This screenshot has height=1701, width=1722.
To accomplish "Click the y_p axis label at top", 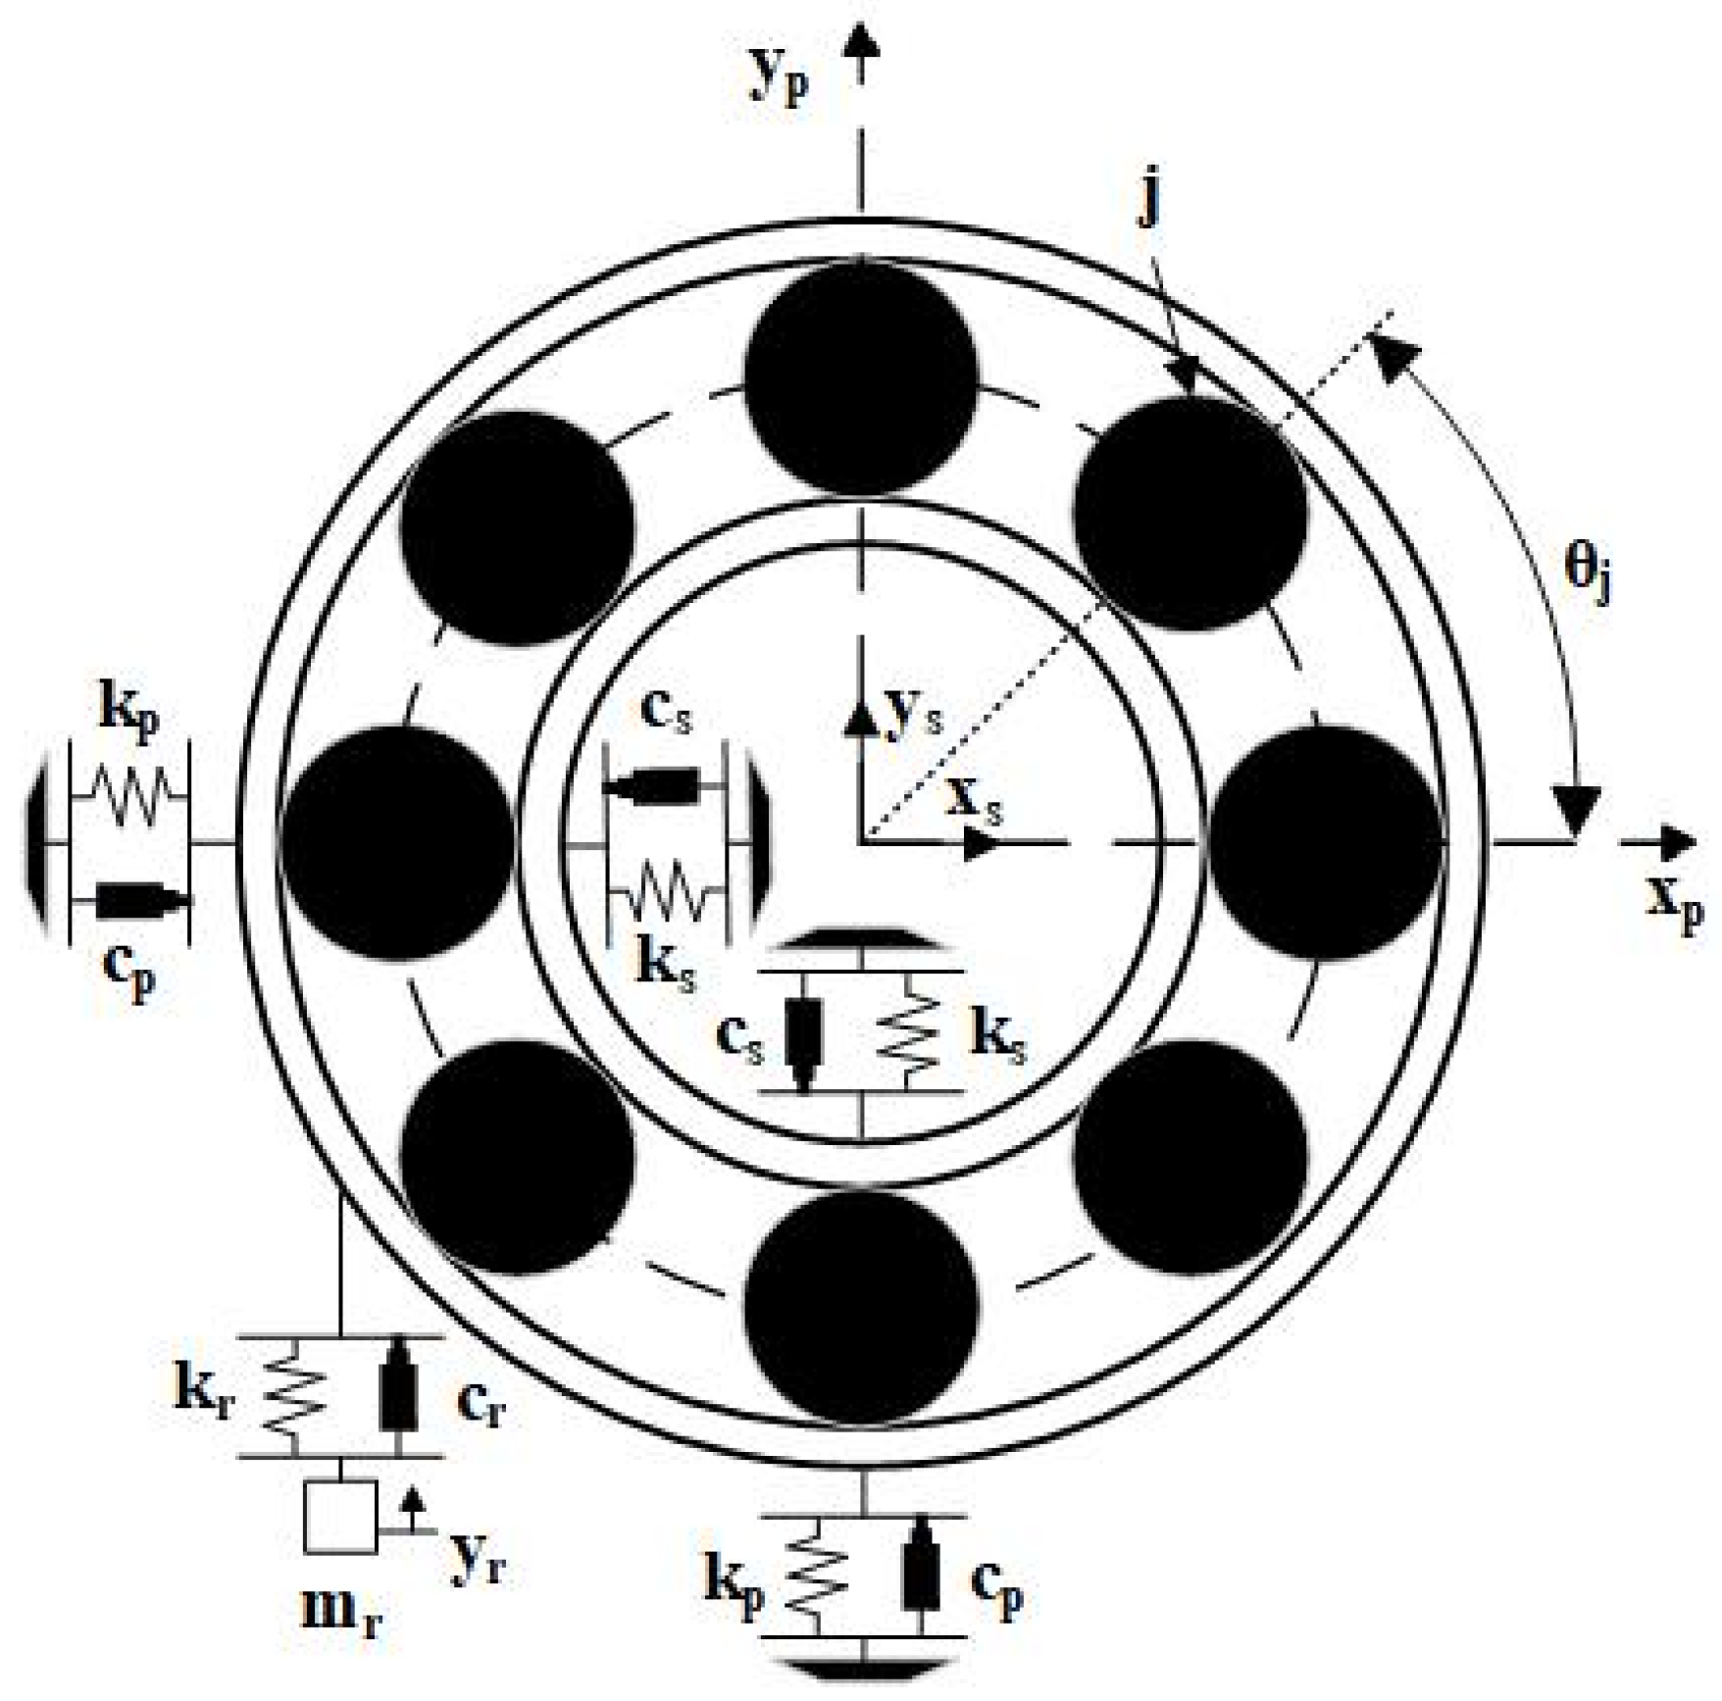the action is [780, 80].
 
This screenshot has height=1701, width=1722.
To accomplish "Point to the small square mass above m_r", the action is [340, 1517].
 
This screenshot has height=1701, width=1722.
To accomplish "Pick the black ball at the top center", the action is [860, 380].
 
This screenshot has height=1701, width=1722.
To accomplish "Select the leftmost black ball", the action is [397, 841].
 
